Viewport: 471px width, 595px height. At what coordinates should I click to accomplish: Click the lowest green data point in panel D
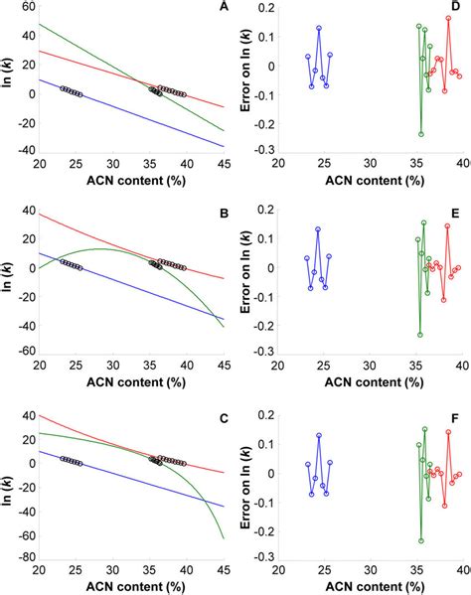[421, 134]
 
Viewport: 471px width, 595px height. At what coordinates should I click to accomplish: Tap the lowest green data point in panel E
[420, 335]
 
